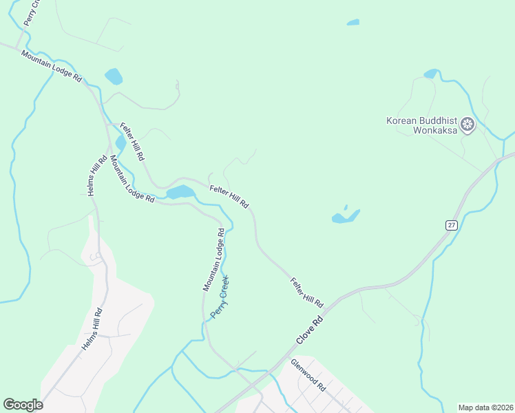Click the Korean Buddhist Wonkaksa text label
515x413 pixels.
tap(421, 125)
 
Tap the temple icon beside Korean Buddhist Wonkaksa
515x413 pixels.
tap(468, 125)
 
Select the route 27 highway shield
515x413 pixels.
tap(450, 225)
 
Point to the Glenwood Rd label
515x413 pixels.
tap(308, 375)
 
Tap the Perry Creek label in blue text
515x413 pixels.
tap(219, 297)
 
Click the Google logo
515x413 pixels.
tap(23, 405)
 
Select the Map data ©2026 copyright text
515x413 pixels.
tap(485, 407)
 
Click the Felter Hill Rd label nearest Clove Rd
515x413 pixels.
tap(307, 293)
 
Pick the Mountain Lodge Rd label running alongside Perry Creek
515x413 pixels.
tap(213, 260)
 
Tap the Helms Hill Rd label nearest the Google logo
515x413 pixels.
tap(93, 330)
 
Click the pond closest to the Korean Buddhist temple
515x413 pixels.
tap(432, 74)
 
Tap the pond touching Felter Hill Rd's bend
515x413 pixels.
tap(180, 192)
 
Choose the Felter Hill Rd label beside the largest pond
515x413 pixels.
tap(229, 196)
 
